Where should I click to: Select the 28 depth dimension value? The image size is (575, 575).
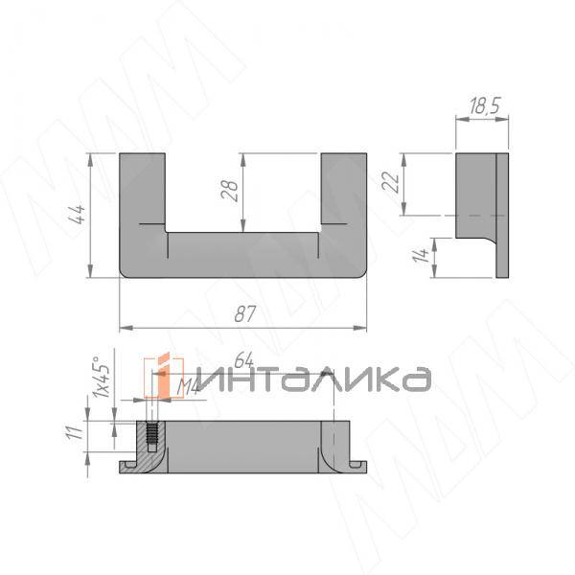coord(229,191)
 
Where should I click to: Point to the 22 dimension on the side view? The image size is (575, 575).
coord(391,181)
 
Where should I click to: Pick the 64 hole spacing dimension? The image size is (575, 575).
coord(242,362)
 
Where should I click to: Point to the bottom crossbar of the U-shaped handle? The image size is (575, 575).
coord(242,255)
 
